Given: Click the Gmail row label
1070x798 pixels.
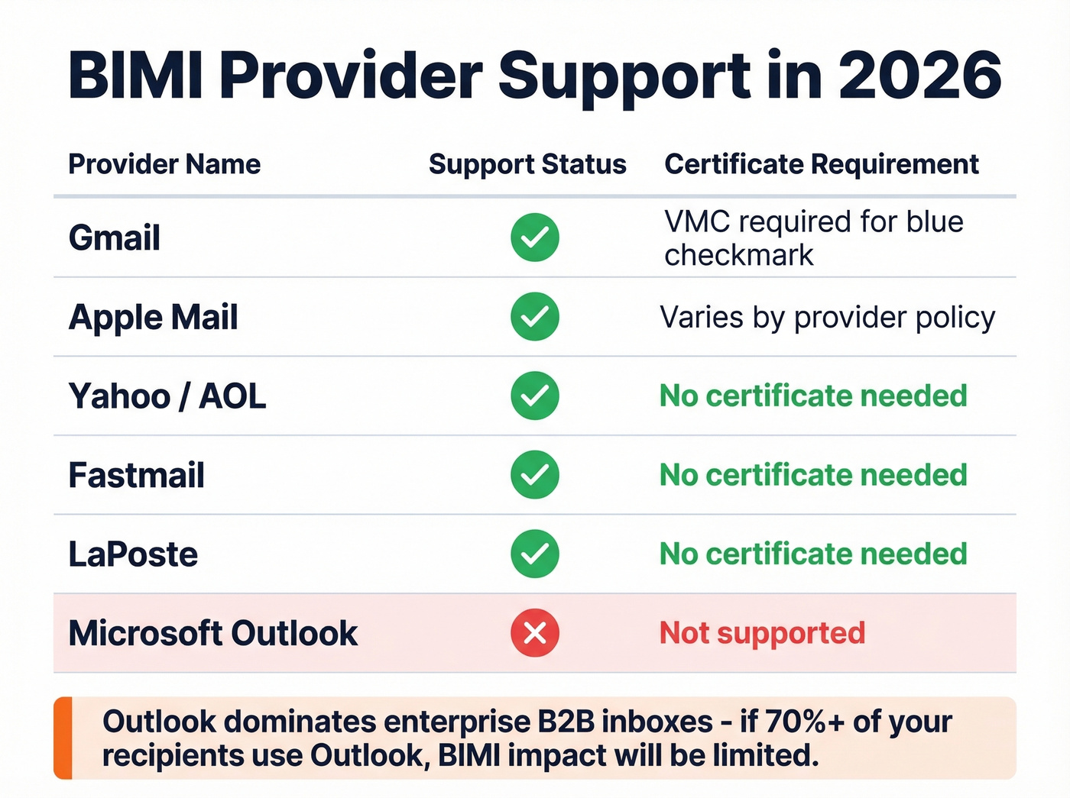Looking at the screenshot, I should [115, 237].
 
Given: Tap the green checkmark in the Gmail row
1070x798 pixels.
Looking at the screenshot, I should [535, 237].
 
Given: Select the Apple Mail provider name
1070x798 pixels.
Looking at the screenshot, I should [154, 317].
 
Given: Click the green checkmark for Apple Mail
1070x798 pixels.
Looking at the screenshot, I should [535, 317].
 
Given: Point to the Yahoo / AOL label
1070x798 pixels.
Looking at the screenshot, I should [167, 396].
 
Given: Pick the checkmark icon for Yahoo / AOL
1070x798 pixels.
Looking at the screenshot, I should [535, 396].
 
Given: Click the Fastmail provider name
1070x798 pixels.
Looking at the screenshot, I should [137, 475].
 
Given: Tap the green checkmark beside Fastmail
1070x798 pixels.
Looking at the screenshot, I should [535, 475].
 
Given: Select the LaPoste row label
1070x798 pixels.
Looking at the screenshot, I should [134, 554].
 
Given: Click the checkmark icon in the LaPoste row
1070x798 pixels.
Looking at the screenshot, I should [535, 554].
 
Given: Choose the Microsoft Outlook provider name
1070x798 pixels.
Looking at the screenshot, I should [213, 633].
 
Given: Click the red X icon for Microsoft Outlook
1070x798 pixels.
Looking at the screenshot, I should [535, 633].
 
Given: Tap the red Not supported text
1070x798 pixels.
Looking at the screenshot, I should [762, 633].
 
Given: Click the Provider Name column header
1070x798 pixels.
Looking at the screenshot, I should [164, 164].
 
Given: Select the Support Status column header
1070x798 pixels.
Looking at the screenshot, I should [527, 164].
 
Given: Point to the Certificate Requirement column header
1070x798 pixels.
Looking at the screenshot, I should [822, 164].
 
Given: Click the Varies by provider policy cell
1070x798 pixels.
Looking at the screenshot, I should [828, 317].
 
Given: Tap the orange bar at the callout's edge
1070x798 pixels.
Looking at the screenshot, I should [63, 738].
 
